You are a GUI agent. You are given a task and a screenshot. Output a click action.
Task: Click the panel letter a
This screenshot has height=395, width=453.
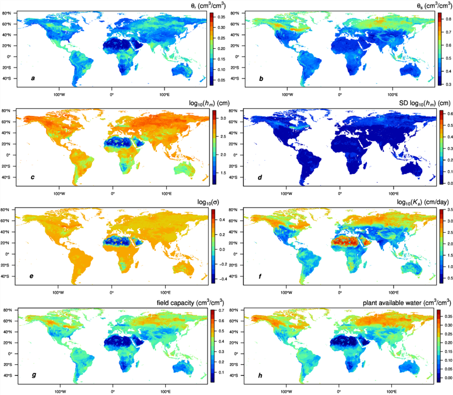[x=25, y=77]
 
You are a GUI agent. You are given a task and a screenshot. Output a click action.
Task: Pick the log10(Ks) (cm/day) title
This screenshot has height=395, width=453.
[x=405, y=204]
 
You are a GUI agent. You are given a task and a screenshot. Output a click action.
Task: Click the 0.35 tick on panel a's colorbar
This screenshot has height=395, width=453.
[x=222, y=17]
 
